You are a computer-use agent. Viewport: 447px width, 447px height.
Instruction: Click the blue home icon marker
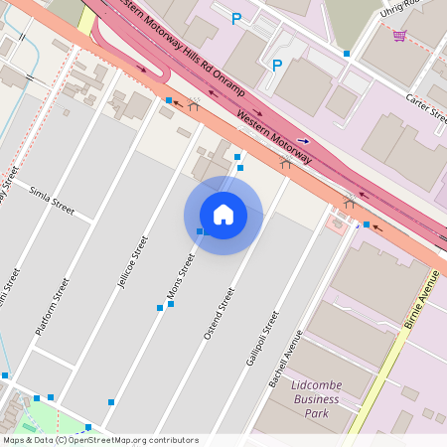(223, 215)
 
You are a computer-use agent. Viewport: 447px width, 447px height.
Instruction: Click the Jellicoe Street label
(132, 261)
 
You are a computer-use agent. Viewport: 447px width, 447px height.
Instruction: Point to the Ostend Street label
(219, 313)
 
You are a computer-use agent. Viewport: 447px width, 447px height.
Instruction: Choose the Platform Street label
(53, 306)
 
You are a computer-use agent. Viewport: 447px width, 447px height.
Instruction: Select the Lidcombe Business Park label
(317, 398)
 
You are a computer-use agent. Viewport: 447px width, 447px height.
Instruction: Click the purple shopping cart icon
(399, 36)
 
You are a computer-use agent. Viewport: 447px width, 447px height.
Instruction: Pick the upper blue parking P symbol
(236, 19)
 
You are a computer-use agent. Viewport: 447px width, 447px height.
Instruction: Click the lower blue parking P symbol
(277, 66)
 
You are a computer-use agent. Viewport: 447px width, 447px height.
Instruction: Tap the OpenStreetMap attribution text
(99, 440)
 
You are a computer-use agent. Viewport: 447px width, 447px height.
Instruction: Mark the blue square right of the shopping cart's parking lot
(346, 54)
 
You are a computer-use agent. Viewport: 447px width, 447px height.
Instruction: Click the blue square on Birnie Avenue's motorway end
(367, 225)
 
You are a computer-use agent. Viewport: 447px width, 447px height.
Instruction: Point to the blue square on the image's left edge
(5, 375)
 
